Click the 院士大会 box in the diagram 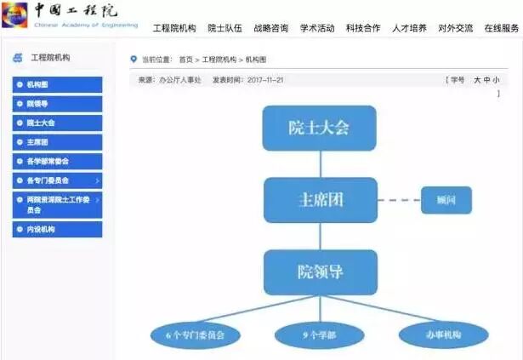(x=319, y=128)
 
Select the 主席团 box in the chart (x=320, y=199)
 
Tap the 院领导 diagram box (x=320, y=271)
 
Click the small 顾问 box (x=446, y=200)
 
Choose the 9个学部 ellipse (x=320, y=334)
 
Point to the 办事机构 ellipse (x=443, y=334)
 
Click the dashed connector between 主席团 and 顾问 (x=399, y=200)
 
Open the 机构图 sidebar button (x=57, y=85)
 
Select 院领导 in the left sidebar (x=57, y=104)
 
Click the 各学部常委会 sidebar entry (x=57, y=161)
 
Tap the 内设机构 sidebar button (x=57, y=230)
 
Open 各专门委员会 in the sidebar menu (x=57, y=180)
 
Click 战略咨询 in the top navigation (x=270, y=28)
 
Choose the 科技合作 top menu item (x=363, y=28)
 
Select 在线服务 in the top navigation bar (x=501, y=28)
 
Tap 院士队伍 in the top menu (x=225, y=28)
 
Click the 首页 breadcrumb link (x=185, y=60)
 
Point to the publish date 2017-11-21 (x=264, y=79)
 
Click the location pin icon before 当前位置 (x=133, y=60)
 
